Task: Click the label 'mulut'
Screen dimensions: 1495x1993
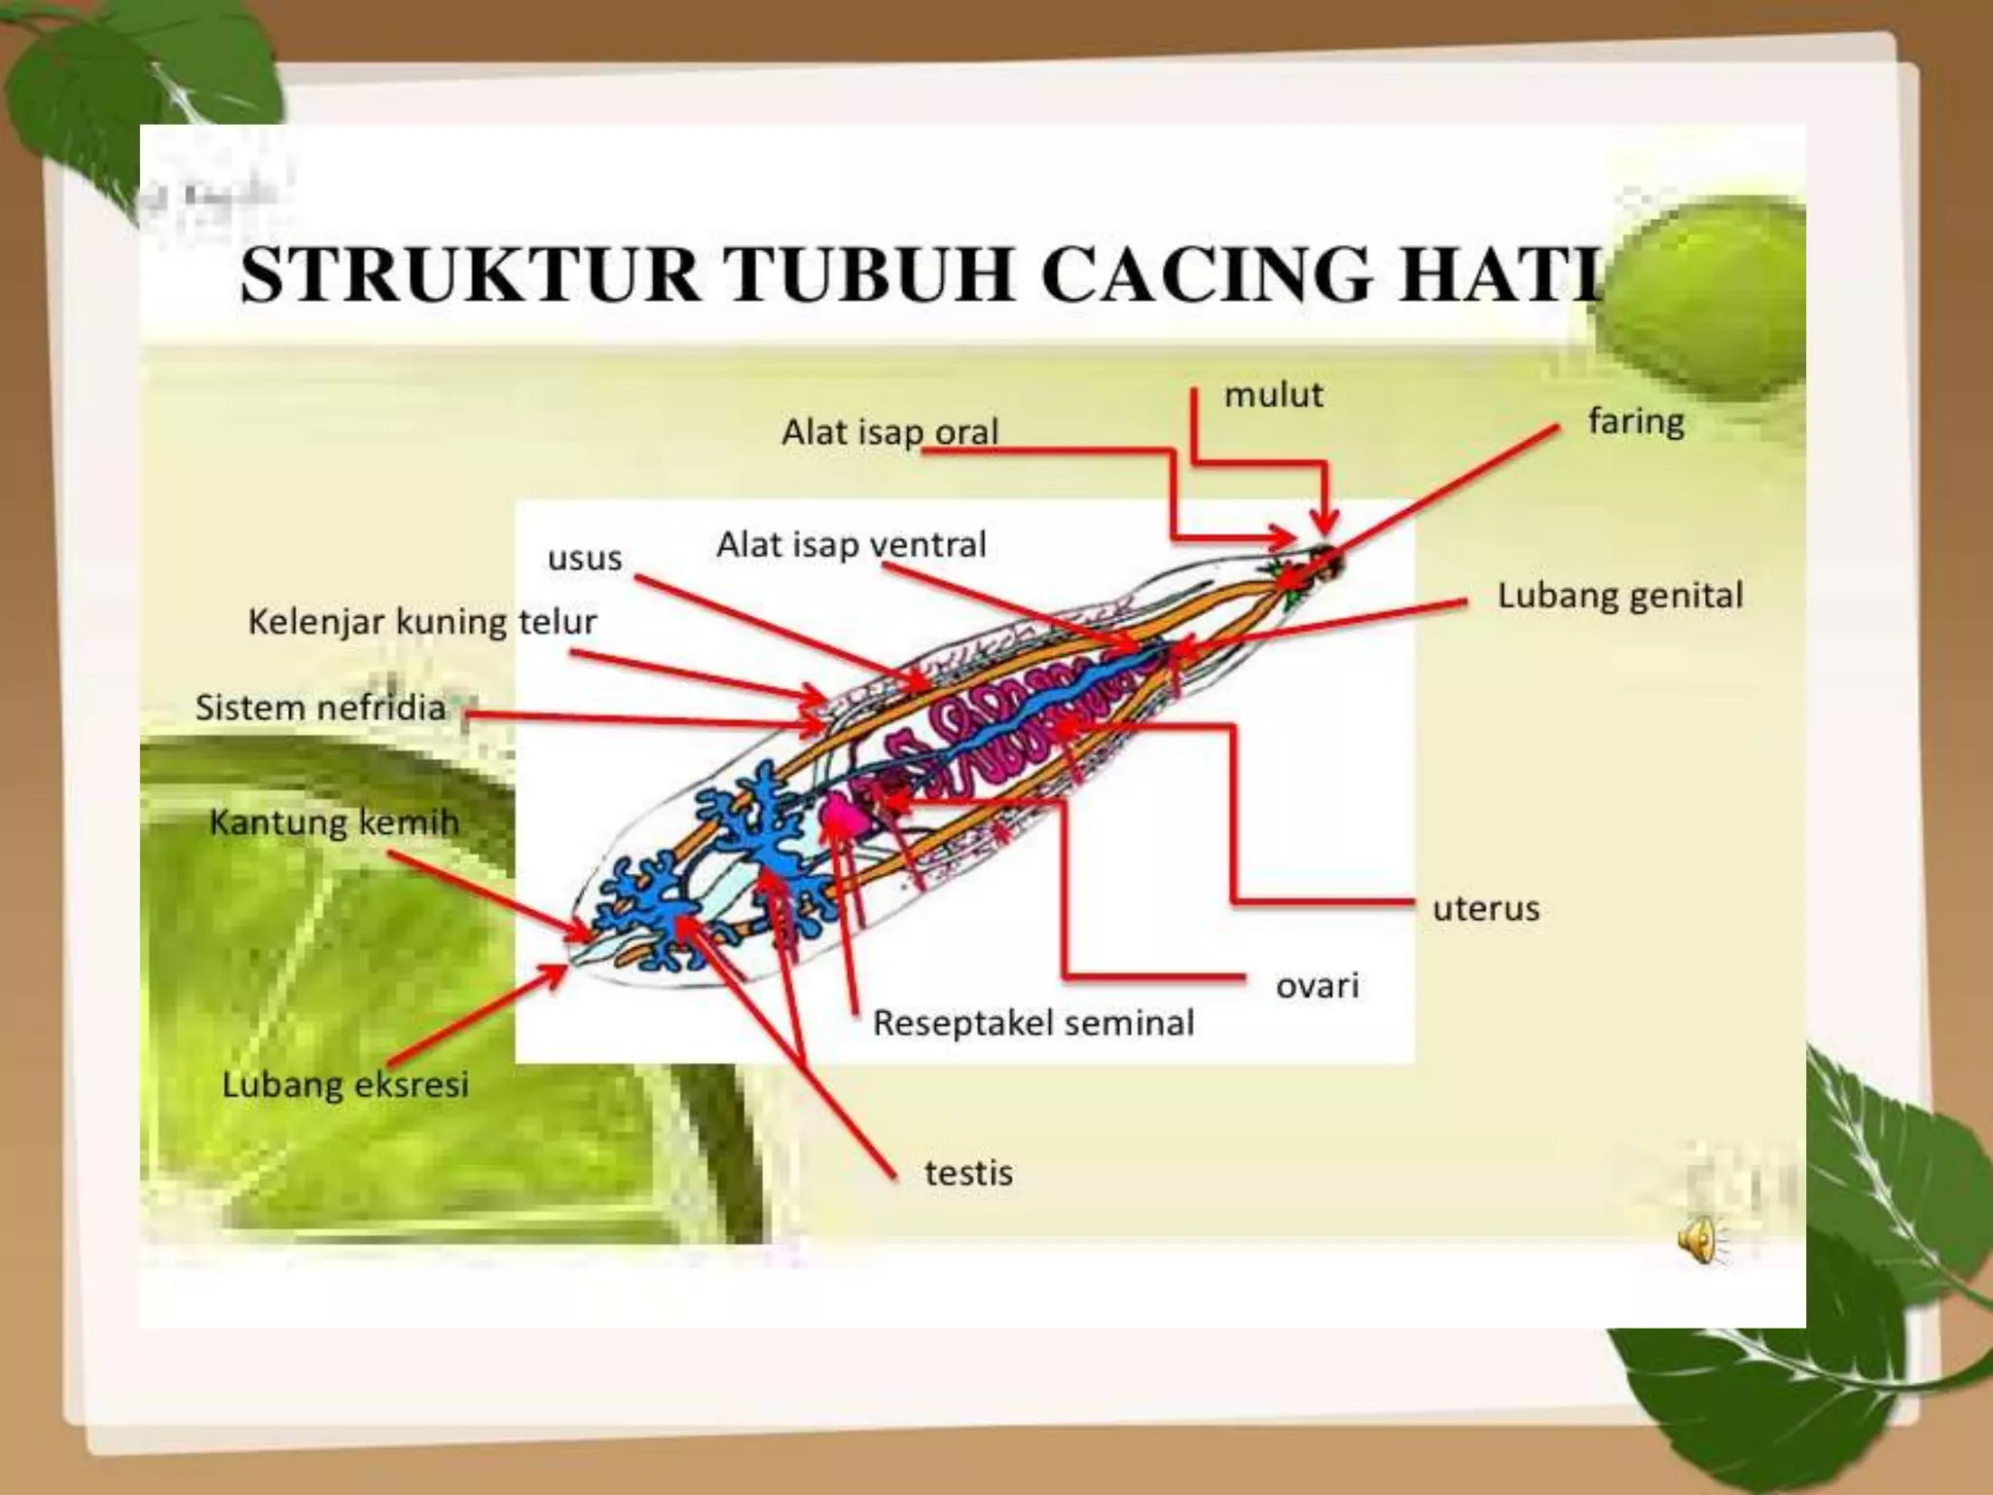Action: [x=1273, y=395]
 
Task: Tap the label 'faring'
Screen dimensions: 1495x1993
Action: [x=1636, y=421]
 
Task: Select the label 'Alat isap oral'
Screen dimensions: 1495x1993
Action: [x=889, y=432]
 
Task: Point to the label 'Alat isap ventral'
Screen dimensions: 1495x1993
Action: [x=852, y=544]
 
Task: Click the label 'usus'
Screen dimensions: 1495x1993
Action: [x=584, y=559]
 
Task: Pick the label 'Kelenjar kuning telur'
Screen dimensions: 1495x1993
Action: [x=421, y=622]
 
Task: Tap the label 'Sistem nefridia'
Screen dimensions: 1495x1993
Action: [x=320, y=708]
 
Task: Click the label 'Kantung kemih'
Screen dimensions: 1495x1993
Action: [x=334, y=822]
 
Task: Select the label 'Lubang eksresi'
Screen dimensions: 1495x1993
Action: [x=344, y=1084]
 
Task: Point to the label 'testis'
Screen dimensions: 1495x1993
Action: [x=968, y=1174]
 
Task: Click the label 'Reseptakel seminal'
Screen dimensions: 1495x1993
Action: [x=1033, y=1023]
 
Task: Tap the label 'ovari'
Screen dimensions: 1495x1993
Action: [x=1317, y=986]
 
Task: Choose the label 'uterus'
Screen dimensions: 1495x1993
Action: [x=1486, y=909]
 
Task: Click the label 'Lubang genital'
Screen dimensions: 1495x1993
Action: [x=1619, y=596]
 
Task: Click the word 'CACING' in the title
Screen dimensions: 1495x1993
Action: [x=1206, y=274]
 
